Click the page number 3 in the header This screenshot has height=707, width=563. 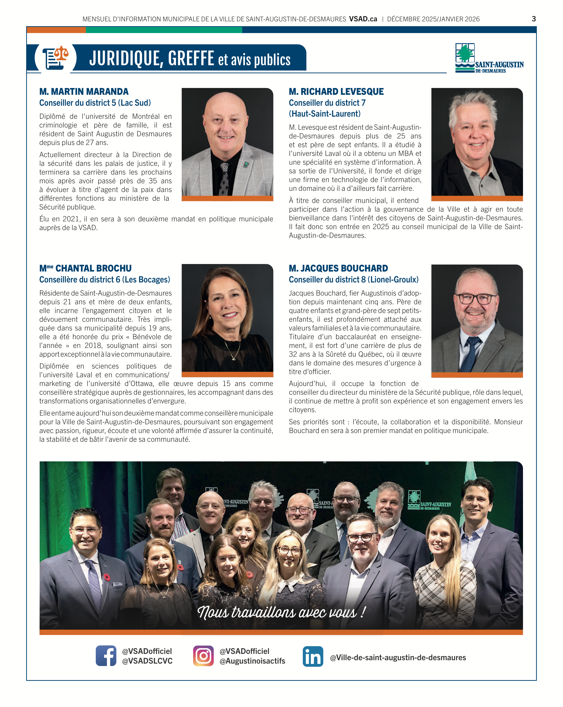[x=533, y=19]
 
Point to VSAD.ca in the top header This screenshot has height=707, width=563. [x=363, y=19]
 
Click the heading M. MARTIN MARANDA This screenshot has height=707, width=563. [x=84, y=91]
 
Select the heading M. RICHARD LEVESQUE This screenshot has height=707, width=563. [x=336, y=91]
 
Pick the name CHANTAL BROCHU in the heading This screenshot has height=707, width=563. [x=93, y=268]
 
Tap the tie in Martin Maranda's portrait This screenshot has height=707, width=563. [x=224, y=179]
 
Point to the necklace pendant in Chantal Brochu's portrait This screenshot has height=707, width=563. [x=233, y=358]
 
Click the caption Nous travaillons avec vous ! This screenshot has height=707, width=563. [x=281, y=612]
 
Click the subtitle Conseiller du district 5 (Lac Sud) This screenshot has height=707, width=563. [x=95, y=103]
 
